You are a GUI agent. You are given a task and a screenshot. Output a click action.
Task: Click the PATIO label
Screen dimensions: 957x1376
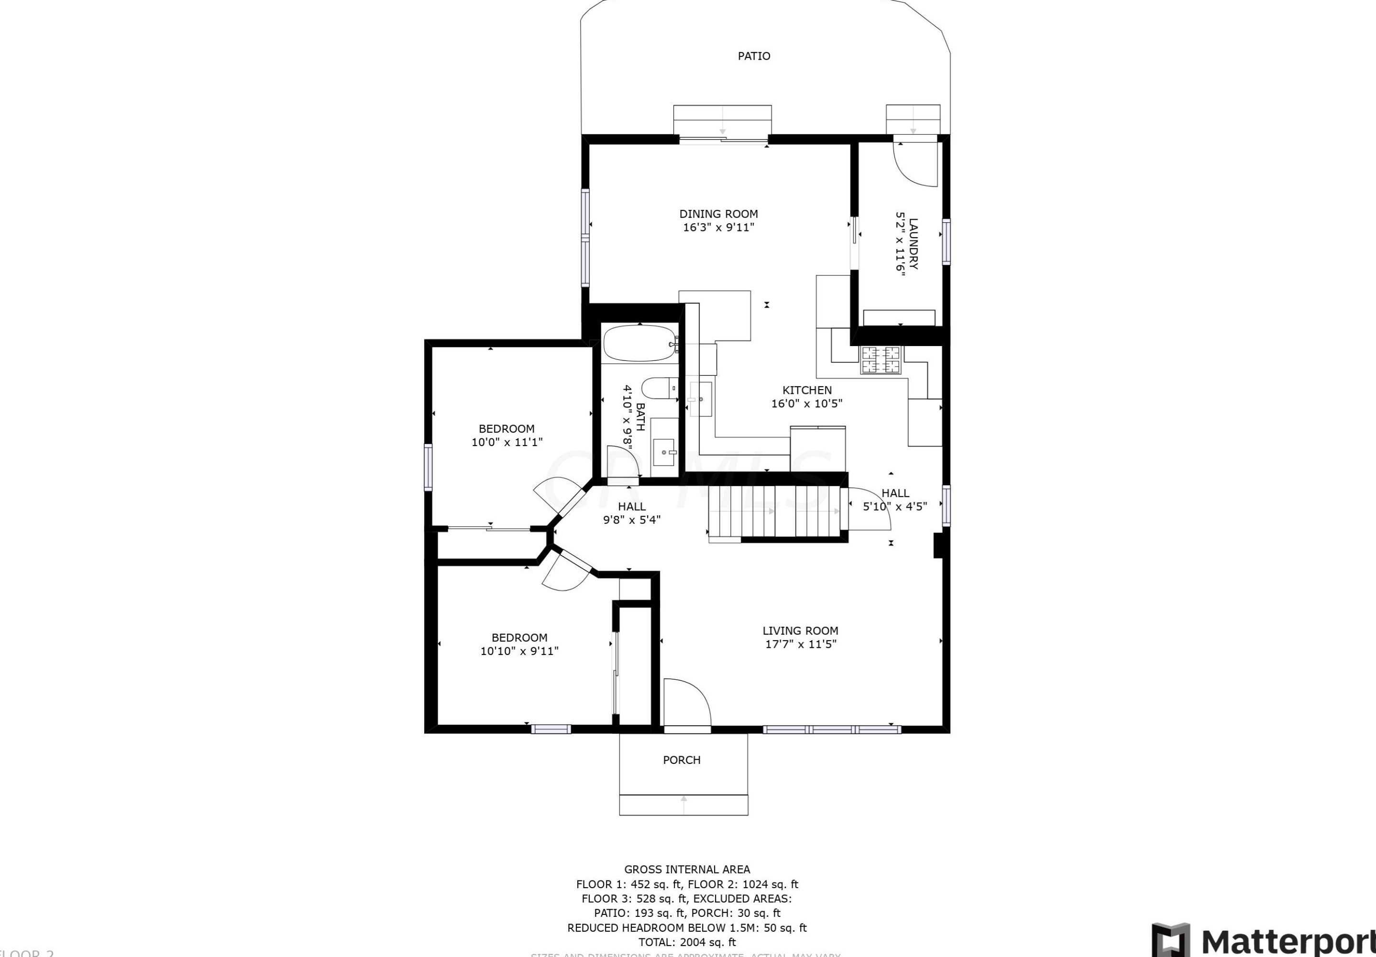tap(754, 56)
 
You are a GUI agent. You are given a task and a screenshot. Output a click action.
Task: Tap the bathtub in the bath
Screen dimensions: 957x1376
tap(639, 343)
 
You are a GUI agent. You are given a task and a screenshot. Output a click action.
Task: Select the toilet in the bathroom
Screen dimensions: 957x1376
tap(658, 388)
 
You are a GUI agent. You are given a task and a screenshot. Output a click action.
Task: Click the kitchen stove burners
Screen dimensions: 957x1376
tap(881, 359)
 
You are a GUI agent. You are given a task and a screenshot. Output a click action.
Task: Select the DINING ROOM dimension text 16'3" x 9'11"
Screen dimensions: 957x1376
tap(718, 228)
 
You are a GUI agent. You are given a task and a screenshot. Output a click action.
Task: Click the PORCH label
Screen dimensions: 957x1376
tap(682, 760)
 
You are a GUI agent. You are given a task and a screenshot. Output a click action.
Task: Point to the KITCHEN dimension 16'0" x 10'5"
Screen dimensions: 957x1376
tap(806, 403)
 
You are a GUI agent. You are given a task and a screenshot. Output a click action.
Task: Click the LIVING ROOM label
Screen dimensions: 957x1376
tap(800, 631)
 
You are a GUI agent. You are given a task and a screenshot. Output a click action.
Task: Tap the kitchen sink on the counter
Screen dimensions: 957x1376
tap(700, 398)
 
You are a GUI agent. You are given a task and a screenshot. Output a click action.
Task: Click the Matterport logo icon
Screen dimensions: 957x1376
tap(1170, 940)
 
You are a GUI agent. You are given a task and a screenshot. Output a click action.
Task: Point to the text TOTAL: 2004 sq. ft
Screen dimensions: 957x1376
tap(687, 942)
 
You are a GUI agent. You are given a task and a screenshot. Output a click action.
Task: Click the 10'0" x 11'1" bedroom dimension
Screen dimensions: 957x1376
tap(507, 442)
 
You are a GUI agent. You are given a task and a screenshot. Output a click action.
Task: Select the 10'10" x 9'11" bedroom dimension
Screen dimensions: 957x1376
tap(519, 651)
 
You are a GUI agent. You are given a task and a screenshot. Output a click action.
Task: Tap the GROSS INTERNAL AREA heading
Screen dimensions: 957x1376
tap(687, 869)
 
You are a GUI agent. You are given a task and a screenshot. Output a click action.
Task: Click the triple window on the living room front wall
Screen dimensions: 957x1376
tap(831, 729)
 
